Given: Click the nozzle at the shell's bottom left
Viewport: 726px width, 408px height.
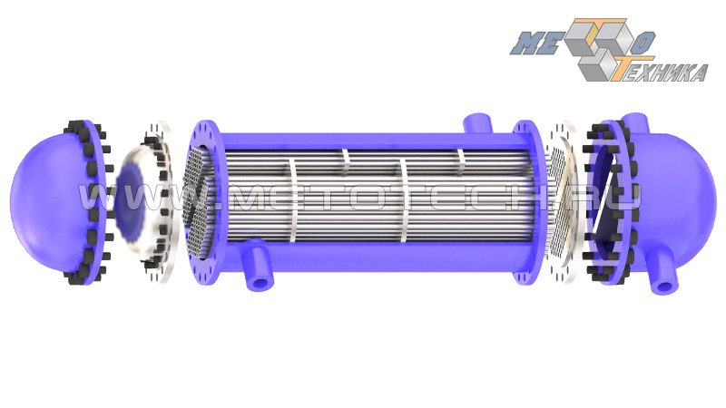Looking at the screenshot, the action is point(258,265).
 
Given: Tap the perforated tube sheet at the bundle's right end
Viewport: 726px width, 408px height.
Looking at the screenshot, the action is point(558,203).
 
